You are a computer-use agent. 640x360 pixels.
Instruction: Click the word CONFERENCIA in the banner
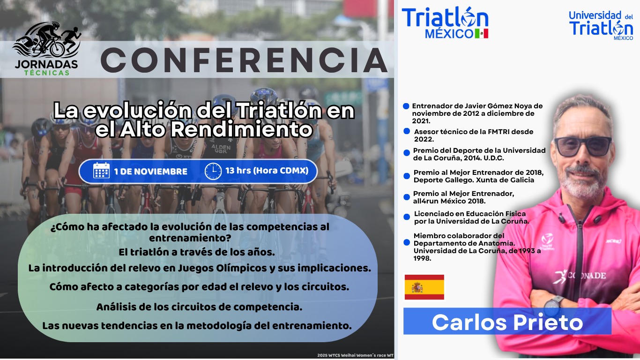pos(244,60)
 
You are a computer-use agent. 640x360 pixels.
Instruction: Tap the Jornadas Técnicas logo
pos(46,49)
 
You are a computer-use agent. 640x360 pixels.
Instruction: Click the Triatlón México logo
pos(445,22)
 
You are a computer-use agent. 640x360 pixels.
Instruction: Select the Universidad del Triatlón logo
pos(601,26)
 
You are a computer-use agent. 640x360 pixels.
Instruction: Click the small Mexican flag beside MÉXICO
pos(482,33)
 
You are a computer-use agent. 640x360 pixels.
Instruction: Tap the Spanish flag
pos(424,287)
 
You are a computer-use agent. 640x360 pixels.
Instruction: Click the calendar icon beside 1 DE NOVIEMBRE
pos(101,171)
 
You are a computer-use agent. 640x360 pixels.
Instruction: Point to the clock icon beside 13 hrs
pos(213,171)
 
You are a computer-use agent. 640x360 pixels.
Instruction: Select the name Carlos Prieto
pos(507,322)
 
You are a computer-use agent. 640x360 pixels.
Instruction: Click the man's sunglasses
pos(582,146)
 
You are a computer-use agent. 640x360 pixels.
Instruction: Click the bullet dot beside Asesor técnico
pos(407,131)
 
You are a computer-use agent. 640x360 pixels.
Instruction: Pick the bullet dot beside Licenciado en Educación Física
pos(407,217)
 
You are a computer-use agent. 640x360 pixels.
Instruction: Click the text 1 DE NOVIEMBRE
pos(150,172)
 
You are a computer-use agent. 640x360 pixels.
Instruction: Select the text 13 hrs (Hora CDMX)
pos(267,171)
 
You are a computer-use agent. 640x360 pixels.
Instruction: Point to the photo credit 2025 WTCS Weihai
pos(355,355)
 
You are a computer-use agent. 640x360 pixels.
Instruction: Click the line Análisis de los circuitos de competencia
pos(199,307)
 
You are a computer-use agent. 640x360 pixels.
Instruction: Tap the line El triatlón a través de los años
pos(197,252)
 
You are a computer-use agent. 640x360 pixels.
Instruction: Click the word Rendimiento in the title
pos(241,129)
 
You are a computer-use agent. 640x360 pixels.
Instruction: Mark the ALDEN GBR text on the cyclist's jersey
pos(221,149)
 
